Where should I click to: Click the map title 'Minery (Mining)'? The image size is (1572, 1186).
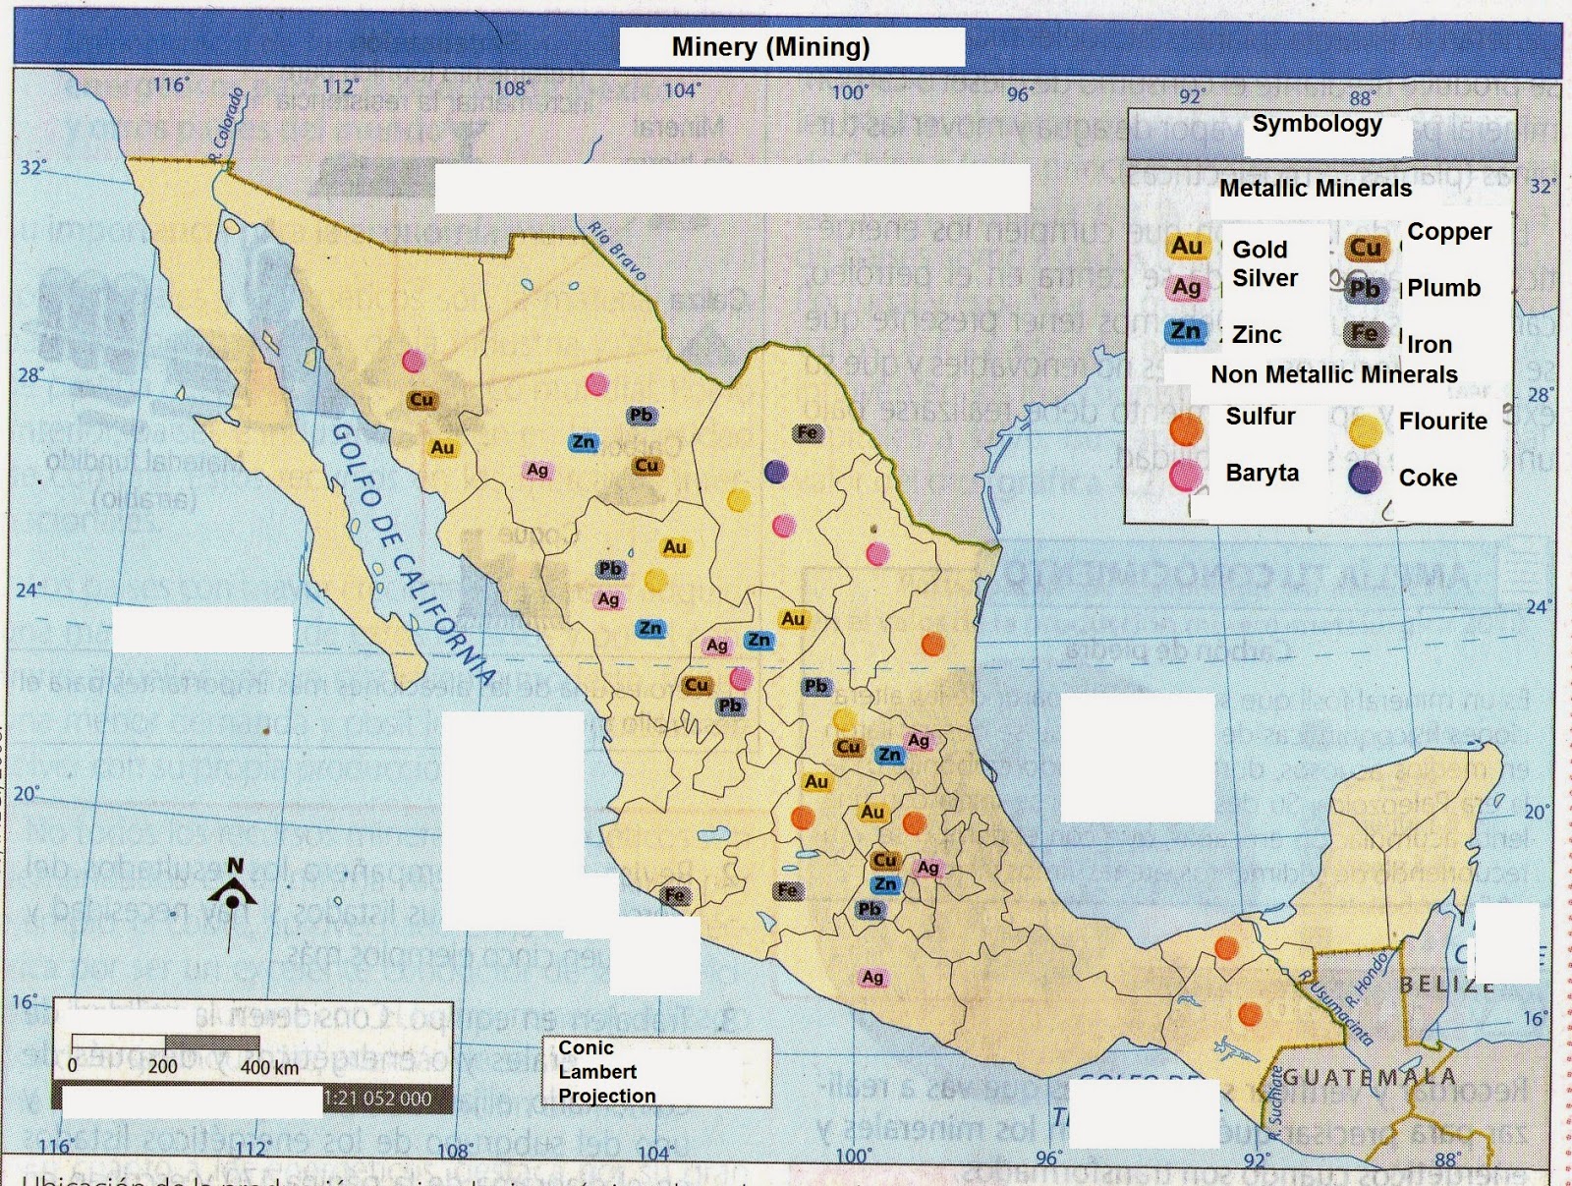click(x=771, y=46)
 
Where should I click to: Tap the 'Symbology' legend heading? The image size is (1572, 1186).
click(x=1317, y=124)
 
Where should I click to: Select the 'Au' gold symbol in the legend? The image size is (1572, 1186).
click(x=1187, y=246)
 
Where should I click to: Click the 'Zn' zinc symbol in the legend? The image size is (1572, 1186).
click(x=1186, y=331)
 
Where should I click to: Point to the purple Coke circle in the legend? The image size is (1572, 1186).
click(x=1365, y=477)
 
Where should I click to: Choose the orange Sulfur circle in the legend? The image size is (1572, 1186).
click(x=1187, y=428)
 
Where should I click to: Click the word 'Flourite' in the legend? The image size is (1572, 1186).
click(x=1442, y=422)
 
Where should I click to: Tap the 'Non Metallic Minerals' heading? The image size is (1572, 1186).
click(x=1333, y=374)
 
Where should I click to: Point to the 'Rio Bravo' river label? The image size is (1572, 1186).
click(x=617, y=252)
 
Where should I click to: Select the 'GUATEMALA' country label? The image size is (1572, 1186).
click(x=1370, y=1077)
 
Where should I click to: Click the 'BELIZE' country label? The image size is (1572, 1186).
click(x=1446, y=984)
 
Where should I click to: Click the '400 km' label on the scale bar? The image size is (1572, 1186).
click(x=269, y=1067)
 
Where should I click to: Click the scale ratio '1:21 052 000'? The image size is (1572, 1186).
click(x=377, y=1099)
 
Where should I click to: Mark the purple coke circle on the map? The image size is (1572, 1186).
click(x=776, y=472)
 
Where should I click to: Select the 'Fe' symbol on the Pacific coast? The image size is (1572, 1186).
click(x=675, y=894)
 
